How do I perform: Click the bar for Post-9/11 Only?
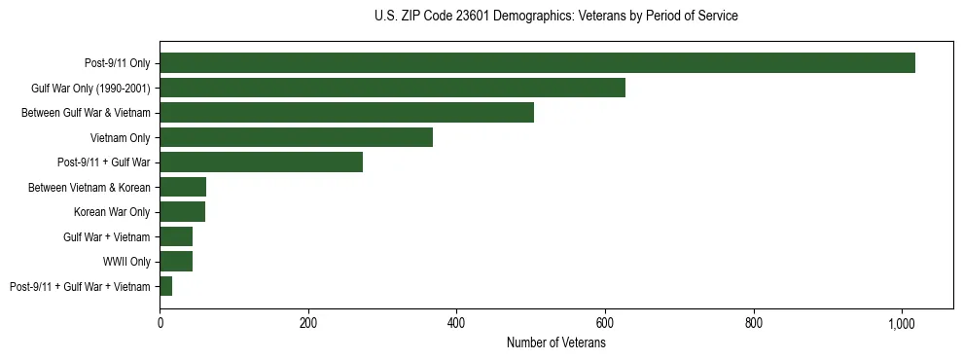pyautogui.click(x=537, y=63)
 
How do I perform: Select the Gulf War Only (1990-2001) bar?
pyautogui.click(x=392, y=88)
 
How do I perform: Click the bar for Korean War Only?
pyautogui.click(x=182, y=212)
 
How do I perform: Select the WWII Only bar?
pyautogui.click(x=176, y=262)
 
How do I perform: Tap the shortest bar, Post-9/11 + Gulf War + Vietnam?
pyautogui.click(x=166, y=286)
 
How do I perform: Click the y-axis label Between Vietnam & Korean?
pyautogui.click(x=89, y=187)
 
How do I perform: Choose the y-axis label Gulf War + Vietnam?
pyautogui.click(x=106, y=236)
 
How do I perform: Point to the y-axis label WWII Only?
pyautogui.click(x=126, y=262)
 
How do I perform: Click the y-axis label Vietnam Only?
pyautogui.click(x=120, y=137)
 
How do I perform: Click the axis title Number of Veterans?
pyautogui.click(x=555, y=342)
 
